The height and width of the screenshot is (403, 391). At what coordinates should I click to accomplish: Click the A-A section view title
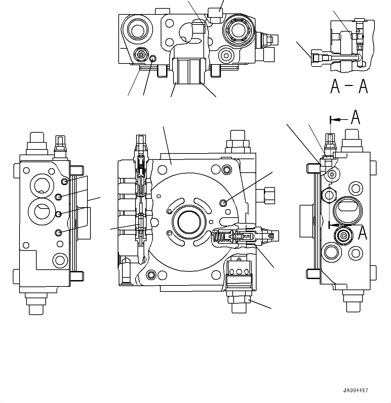point(349,86)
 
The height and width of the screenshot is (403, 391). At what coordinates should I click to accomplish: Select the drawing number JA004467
point(355,390)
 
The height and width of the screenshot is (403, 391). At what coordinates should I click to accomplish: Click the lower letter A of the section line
point(362,233)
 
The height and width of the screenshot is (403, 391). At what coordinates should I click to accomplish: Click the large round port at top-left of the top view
point(137,31)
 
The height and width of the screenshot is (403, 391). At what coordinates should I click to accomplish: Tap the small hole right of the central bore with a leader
point(222,202)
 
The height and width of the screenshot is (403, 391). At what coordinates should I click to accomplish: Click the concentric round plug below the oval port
point(343,236)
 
